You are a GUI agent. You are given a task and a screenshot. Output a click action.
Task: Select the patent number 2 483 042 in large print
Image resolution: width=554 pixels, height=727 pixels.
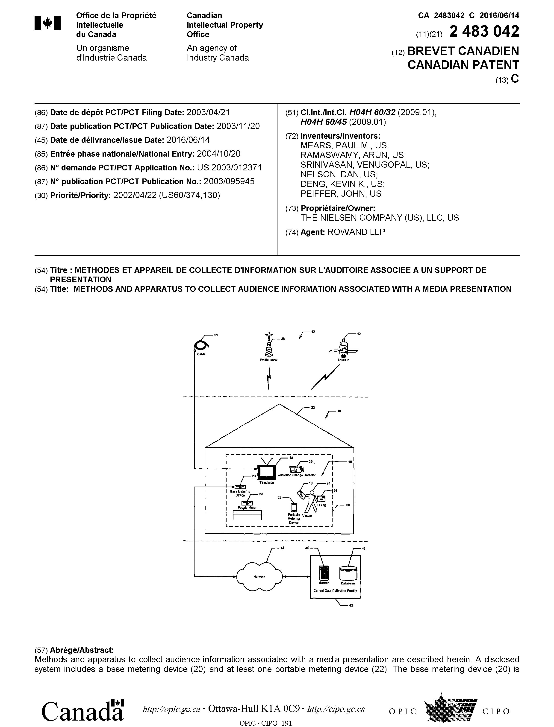click(x=484, y=32)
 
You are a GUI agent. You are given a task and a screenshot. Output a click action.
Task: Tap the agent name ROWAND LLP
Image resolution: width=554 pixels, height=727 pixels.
click(x=356, y=232)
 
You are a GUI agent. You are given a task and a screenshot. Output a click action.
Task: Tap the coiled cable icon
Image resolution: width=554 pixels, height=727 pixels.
click(x=200, y=345)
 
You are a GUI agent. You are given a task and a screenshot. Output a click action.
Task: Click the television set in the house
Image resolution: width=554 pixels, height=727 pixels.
click(x=266, y=473)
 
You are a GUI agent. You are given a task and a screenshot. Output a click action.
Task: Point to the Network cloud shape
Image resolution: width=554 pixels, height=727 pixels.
click(x=259, y=576)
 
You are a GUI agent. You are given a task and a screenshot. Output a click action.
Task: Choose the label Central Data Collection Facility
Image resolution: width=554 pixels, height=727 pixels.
click(x=335, y=591)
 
